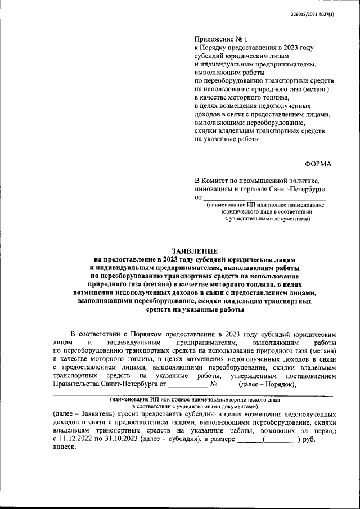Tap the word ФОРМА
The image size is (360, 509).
[x=318, y=164]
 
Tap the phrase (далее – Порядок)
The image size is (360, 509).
[x=267, y=384]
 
